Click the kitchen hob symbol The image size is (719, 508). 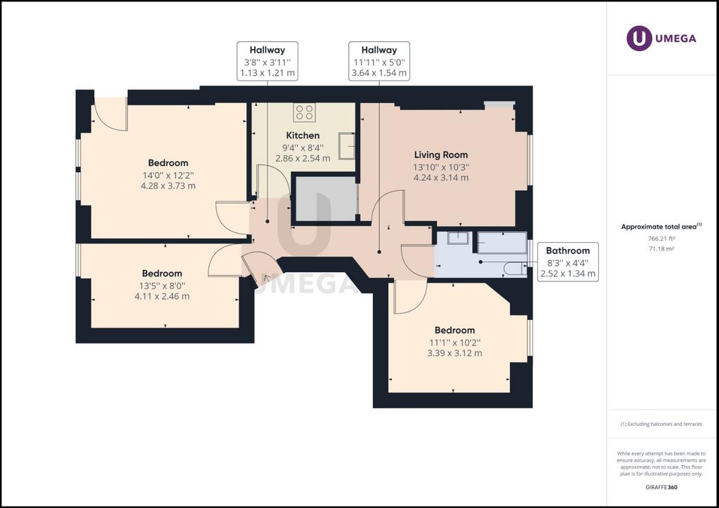(305, 113)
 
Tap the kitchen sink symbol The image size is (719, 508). (347, 146)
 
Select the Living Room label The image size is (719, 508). (441, 155)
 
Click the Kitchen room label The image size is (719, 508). (303, 135)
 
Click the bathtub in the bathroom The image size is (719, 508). (502, 243)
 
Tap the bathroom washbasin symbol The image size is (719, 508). (458, 238)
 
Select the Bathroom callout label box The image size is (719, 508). (567, 262)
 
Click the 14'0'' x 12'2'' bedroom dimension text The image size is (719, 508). (168, 175)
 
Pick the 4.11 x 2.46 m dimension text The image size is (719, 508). (162, 296)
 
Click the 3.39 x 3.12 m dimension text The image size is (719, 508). (454, 353)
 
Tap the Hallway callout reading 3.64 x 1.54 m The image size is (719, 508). (379, 61)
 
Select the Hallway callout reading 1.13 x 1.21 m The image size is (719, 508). (268, 61)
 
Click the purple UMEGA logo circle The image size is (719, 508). (639, 38)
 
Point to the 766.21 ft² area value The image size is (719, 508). (661, 239)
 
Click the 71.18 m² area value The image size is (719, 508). (661, 248)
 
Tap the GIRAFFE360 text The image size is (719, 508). (661, 487)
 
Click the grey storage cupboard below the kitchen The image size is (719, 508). (326, 199)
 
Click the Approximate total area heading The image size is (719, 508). (661, 227)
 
